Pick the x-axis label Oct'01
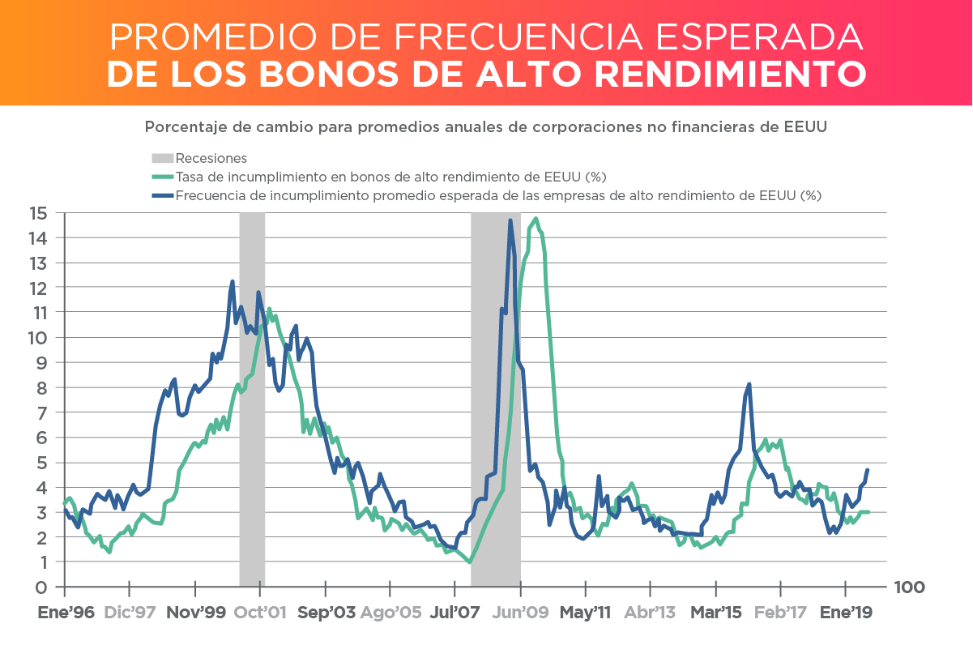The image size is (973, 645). pyautogui.click(x=261, y=613)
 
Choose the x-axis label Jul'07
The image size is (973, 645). pyautogui.click(x=455, y=613)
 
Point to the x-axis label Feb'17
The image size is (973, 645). pyautogui.click(x=781, y=613)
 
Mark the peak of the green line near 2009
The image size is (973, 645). pyautogui.click(x=536, y=218)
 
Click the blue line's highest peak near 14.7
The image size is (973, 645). pyautogui.click(x=510, y=220)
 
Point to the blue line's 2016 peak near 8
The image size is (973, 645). pyautogui.click(x=749, y=384)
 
